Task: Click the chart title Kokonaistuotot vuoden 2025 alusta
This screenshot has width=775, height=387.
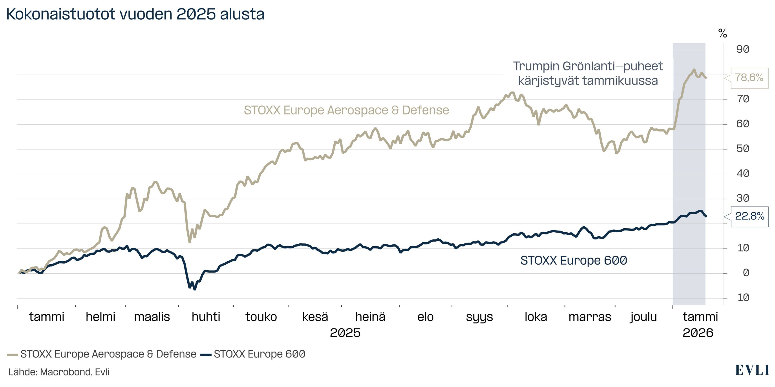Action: point(135,14)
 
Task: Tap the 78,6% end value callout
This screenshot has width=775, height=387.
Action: point(749,78)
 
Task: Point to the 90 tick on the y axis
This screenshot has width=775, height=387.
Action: point(742,49)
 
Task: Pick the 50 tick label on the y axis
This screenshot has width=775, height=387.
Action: point(742,149)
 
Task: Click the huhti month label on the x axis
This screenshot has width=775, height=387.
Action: point(206,317)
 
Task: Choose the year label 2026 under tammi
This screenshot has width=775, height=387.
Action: point(698,333)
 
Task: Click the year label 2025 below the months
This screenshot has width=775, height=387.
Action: point(345,333)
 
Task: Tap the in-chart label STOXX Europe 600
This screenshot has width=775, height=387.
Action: point(573,260)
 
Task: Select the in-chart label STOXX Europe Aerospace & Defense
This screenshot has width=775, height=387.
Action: point(346,110)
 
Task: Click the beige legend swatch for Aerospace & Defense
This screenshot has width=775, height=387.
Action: point(13,354)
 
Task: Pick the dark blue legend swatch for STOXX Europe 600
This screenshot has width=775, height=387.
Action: point(206,354)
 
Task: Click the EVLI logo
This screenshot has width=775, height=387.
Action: point(752,370)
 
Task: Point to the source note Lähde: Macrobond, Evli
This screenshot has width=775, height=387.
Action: point(59,372)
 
